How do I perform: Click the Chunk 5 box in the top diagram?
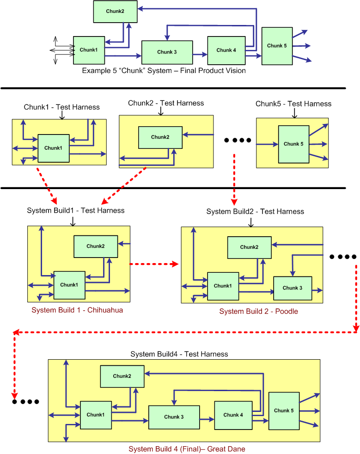[x=277, y=46]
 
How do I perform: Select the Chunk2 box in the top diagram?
[x=115, y=12]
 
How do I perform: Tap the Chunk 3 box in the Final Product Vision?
[x=167, y=52]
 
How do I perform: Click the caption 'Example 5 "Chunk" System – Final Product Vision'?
[x=164, y=71]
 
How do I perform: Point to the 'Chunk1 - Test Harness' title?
[x=61, y=107]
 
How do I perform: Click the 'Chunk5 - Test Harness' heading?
[x=293, y=104]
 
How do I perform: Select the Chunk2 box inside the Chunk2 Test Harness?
[x=160, y=137]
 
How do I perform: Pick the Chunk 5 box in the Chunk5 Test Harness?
[x=293, y=144]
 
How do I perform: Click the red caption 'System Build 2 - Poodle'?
[x=258, y=311]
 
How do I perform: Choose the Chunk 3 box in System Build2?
[x=293, y=288]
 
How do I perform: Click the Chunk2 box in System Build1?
[x=96, y=246]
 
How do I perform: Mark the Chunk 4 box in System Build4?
[x=233, y=415]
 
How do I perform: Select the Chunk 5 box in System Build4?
[x=283, y=411]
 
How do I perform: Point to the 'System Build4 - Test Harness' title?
[x=179, y=354]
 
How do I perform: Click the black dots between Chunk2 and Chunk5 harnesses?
[x=238, y=140]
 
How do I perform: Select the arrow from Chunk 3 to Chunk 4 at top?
[x=200, y=54]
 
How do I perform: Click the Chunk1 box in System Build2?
[x=223, y=286]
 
